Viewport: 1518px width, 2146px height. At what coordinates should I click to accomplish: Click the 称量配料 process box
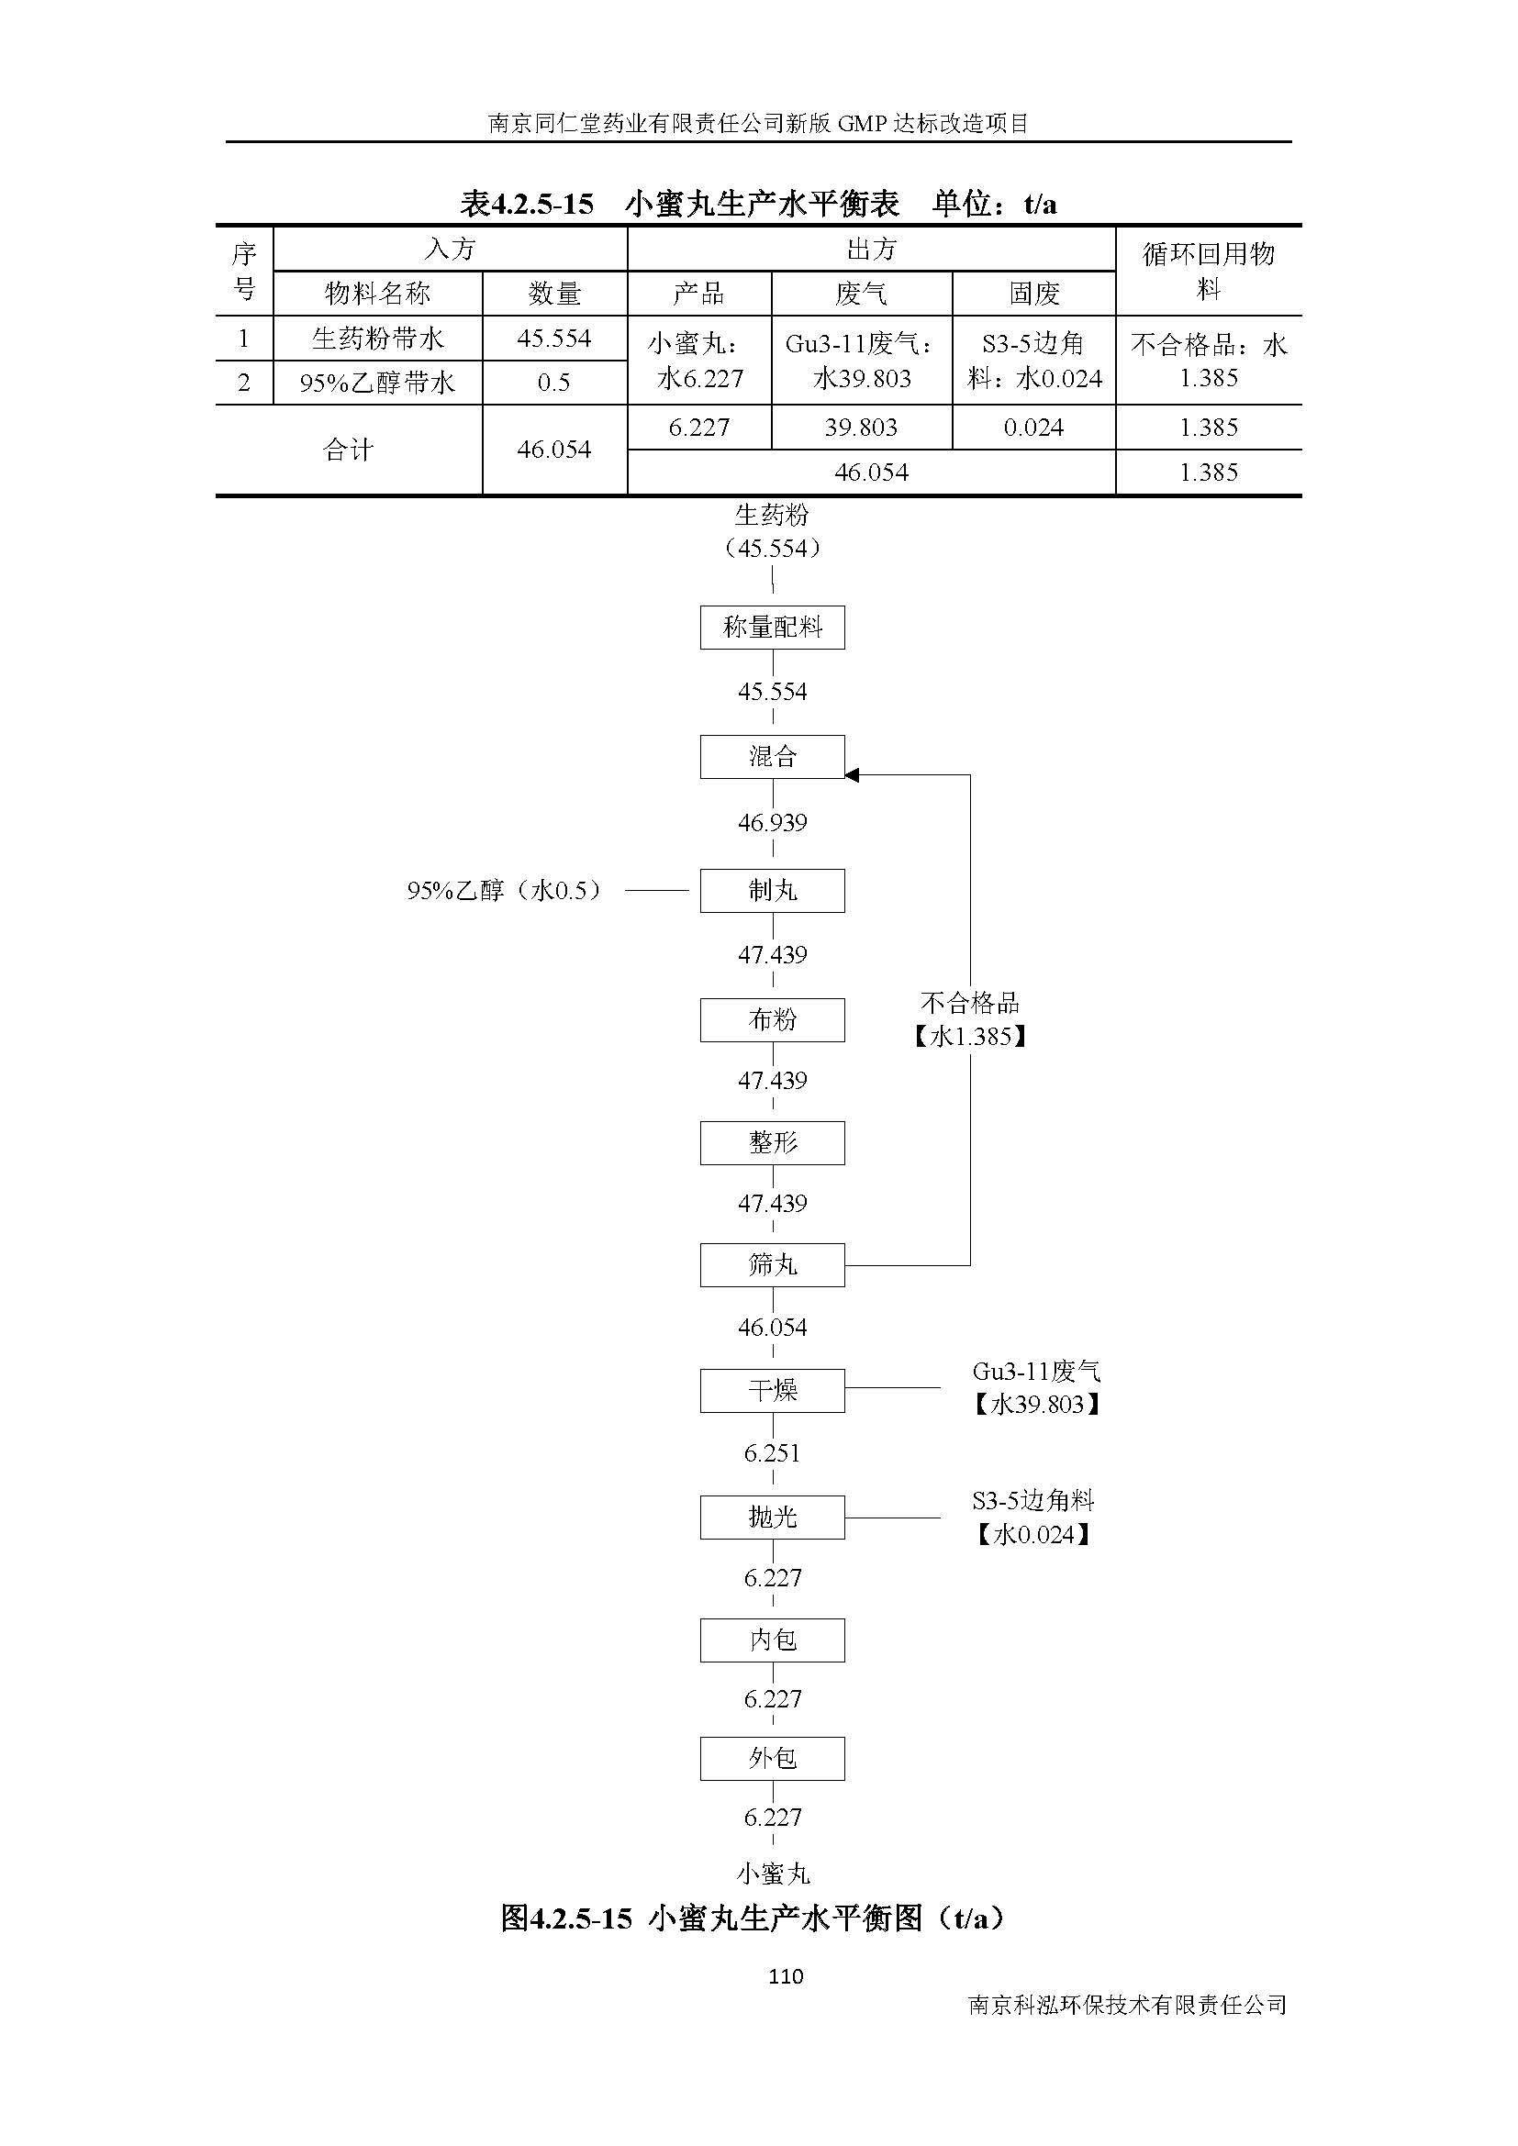(x=772, y=628)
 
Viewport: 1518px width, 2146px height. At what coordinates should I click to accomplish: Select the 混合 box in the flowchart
(x=772, y=756)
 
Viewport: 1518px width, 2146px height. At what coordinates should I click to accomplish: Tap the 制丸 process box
(x=772, y=890)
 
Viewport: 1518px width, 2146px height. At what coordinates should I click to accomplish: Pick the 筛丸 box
(x=772, y=1264)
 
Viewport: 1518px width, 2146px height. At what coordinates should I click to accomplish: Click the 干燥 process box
(x=772, y=1390)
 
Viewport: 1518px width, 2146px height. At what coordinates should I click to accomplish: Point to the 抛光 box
(x=772, y=1516)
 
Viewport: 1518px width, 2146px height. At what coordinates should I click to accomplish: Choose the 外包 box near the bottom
(x=772, y=1758)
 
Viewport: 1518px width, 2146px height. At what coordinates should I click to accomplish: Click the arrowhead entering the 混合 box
(x=852, y=775)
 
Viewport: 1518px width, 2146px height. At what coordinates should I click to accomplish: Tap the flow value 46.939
(x=772, y=822)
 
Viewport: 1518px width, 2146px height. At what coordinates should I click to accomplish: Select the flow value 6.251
(x=772, y=1452)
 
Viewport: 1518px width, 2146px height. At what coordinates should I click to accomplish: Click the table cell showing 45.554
(x=554, y=339)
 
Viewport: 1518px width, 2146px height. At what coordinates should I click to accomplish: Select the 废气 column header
(x=861, y=294)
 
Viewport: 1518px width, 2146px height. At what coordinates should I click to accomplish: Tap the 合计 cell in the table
(x=348, y=450)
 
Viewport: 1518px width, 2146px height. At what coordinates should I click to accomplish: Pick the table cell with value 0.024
(x=1032, y=428)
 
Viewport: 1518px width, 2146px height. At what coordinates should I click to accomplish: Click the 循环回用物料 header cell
(x=1208, y=271)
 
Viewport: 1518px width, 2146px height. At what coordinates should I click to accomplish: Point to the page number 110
(x=786, y=1976)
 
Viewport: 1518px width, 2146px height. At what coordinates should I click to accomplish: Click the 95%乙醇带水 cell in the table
(x=376, y=383)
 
